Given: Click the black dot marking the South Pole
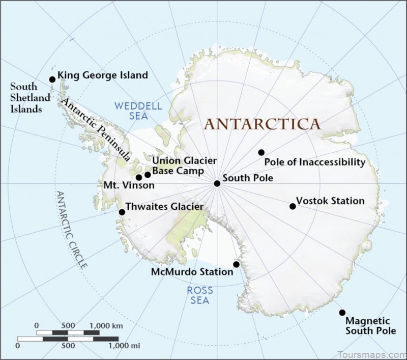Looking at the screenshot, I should [x=217, y=183].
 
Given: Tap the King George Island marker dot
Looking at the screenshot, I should [x=52, y=79].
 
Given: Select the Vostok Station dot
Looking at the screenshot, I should [x=293, y=206].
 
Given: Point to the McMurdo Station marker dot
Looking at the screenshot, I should [x=237, y=264].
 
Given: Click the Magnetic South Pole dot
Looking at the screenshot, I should [x=342, y=313].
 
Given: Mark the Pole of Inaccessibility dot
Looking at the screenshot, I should [x=261, y=152].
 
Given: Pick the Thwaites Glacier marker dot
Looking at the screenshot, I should [x=122, y=212].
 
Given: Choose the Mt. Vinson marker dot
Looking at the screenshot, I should [x=139, y=177].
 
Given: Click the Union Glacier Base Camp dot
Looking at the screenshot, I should [x=148, y=175].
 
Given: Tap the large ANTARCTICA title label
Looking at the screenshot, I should [x=263, y=124].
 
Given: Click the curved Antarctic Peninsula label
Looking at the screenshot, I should [x=96, y=130].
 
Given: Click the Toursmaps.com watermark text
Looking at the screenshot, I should [x=373, y=354].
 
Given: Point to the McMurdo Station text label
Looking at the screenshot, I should [x=192, y=272].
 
